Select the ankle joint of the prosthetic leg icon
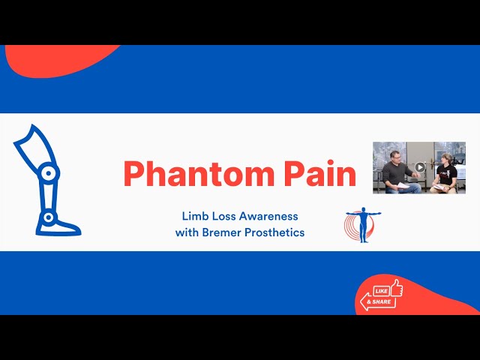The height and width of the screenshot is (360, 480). click(47, 217)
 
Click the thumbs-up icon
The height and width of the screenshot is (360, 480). click(394, 286)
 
